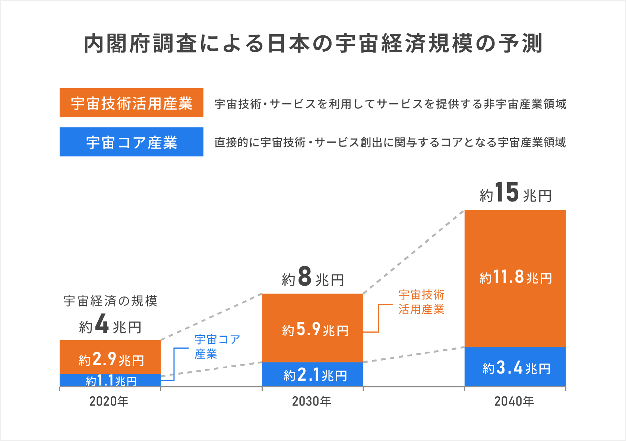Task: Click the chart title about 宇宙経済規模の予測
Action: pyautogui.click(x=313, y=44)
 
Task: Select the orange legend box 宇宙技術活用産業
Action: pyautogui.click(x=131, y=103)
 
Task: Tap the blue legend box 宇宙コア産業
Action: pyautogui.click(x=131, y=142)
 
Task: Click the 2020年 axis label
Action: pyautogui.click(x=109, y=401)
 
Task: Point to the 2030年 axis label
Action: pyautogui.click(x=312, y=401)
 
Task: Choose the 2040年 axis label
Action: pyautogui.click(x=514, y=401)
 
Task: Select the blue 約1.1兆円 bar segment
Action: pyautogui.click(x=110, y=381)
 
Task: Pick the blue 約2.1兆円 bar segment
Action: pyautogui.click(x=313, y=375)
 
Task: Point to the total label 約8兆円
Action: pyautogui.click(x=313, y=278)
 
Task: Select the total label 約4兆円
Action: pyautogui.click(x=110, y=325)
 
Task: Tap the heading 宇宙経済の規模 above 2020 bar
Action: pyautogui.click(x=110, y=301)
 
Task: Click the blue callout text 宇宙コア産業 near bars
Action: pyautogui.click(x=217, y=346)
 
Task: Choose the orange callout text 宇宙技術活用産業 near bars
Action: pyautogui.click(x=421, y=302)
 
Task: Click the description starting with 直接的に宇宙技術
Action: pyautogui.click(x=390, y=142)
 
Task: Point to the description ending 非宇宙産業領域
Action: pyautogui.click(x=390, y=104)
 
